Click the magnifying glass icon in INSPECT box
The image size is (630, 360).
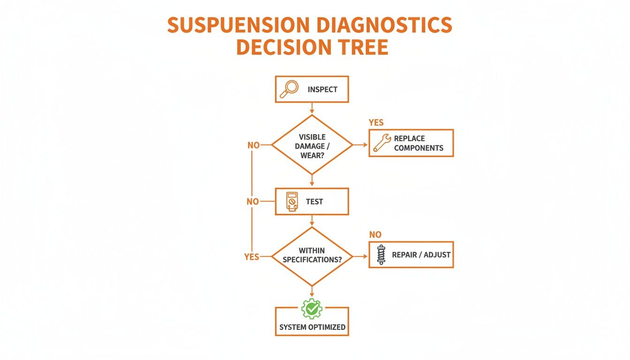pyautogui.click(x=289, y=89)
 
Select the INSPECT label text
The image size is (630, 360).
pyautogui.click(x=322, y=89)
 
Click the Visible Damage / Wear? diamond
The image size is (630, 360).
pyautogui.click(x=312, y=145)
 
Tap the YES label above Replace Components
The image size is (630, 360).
pyautogui.click(x=376, y=123)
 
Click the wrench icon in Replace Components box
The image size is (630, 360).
pyautogui.click(x=382, y=143)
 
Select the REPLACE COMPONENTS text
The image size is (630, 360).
pyautogui.click(x=418, y=143)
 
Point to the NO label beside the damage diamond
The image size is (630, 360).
pyautogui.click(x=253, y=145)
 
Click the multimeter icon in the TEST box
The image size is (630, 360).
pyautogui.click(x=291, y=202)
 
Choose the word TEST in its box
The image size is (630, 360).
pyautogui.click(x=314, y=202)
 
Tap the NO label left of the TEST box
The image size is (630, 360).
pyautogui.click(x=253, y=202)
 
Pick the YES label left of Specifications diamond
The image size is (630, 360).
pyautogui.click(x=252, y=257)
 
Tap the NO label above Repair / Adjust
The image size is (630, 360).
pyautogui.click(x=375, y=234)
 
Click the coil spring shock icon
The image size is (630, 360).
pyautogui.click(x=381, y=255)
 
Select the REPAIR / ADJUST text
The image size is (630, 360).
pyautogui.click(x=421, y=255)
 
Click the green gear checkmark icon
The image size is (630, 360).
pyautogui.click(x=312, y=309)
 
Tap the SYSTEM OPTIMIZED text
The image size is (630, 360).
pyautogui.click(x=312, y=327)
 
